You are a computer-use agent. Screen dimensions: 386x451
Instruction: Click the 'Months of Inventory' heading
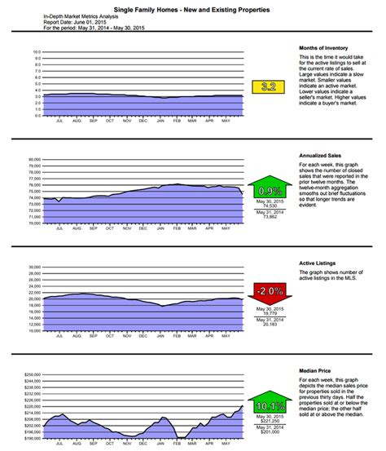(x=318, y=48)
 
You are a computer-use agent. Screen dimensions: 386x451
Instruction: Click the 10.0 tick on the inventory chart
(x=36, y=52)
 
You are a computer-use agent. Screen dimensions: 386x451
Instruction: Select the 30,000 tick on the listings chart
(x=34, y=267)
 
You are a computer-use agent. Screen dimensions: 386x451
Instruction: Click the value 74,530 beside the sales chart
(x=267, y=206)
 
